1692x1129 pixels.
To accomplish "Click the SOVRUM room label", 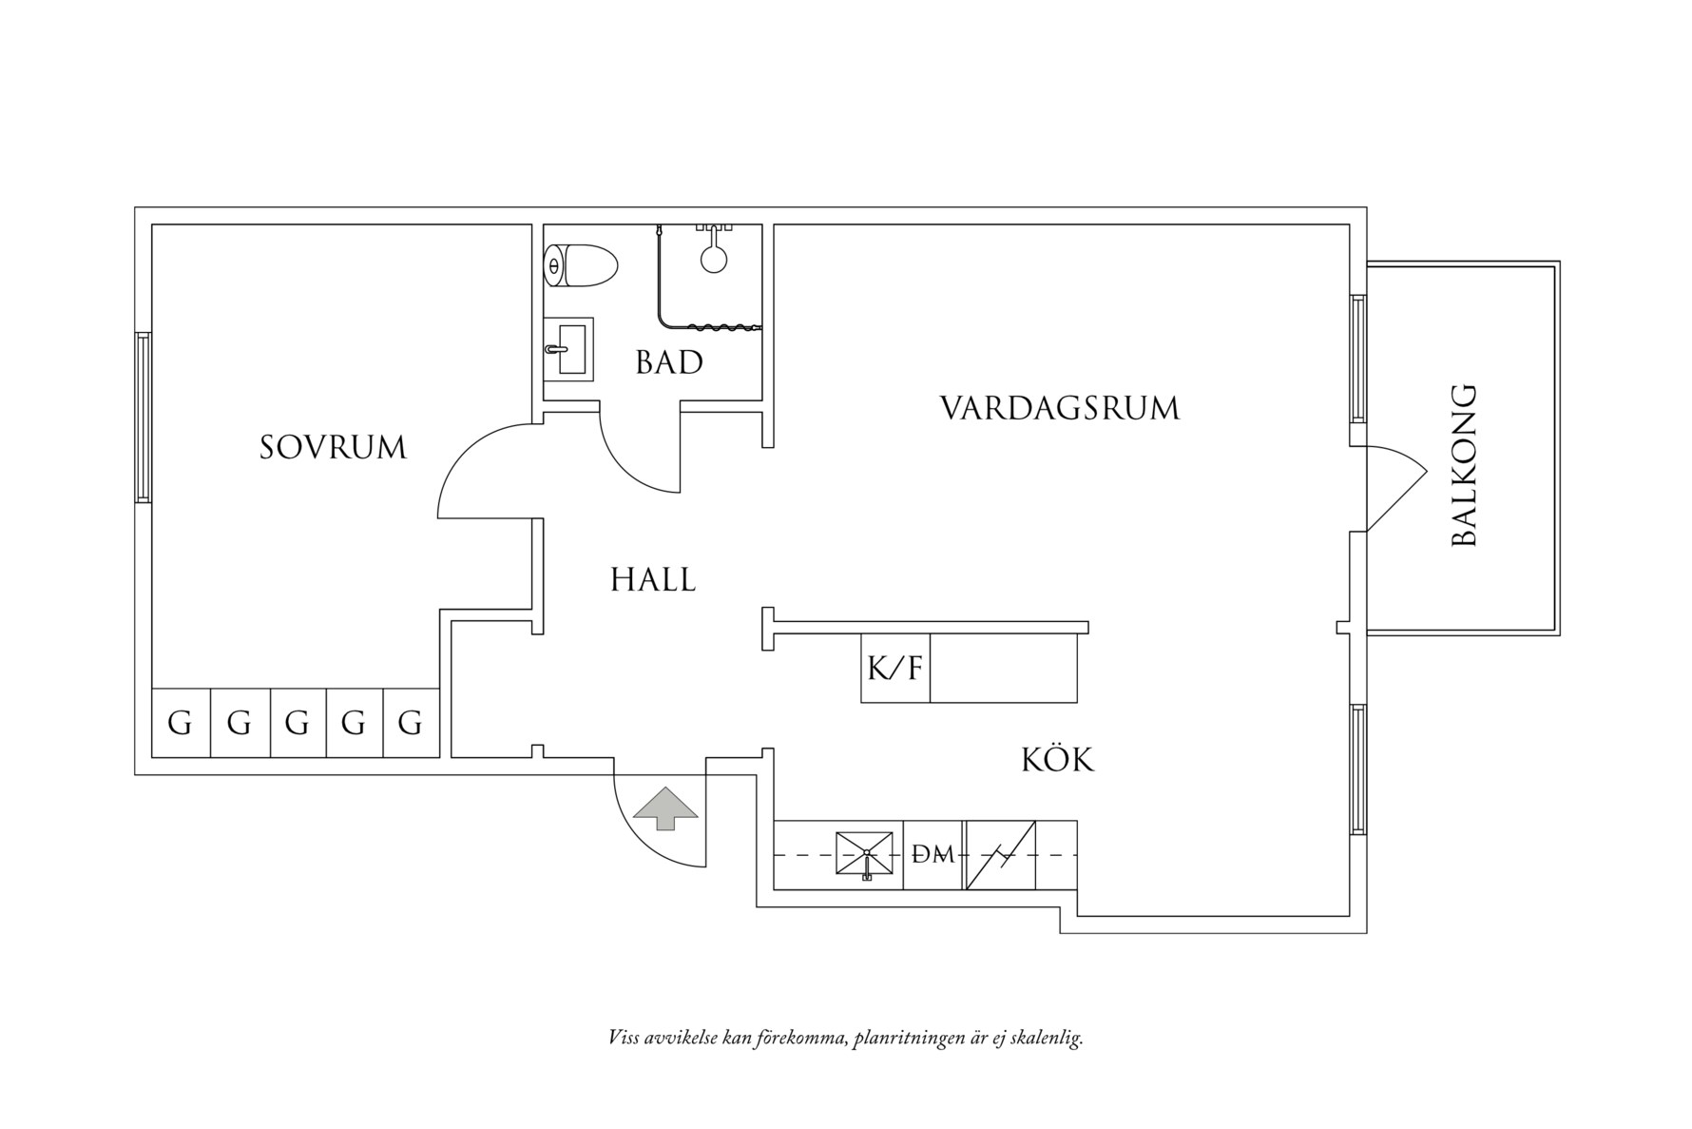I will (333, 447).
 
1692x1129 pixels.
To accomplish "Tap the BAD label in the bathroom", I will (669, 362).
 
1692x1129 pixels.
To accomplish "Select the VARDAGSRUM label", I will (1060, 409).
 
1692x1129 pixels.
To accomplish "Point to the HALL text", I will (653, 579).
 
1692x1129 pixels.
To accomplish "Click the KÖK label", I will (1057, 760).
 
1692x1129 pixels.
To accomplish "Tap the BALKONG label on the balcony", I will (1465, 465).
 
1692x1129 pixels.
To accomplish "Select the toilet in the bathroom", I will (580, 265).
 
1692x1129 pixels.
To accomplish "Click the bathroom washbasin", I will (569, 349).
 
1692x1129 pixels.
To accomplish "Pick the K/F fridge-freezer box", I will (894, 669).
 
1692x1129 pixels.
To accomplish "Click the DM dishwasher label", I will (933, 855).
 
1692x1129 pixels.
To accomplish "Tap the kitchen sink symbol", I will (864, 853).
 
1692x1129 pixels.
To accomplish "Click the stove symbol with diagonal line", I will (1000, 855).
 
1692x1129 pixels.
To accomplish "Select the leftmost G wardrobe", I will (180, 724).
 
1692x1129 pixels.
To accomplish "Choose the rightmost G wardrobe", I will (410, 724).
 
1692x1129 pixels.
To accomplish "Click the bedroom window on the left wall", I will (143, 417).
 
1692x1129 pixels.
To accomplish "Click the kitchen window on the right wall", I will (1358, 769).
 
